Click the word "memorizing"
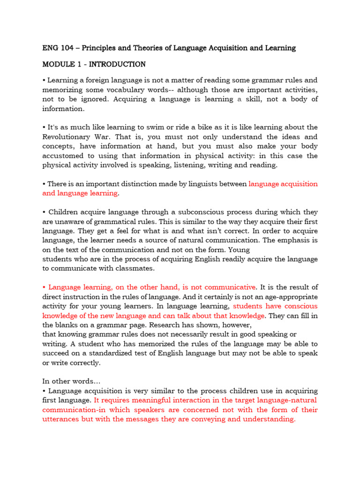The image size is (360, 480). [62, 90]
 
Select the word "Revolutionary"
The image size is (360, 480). [68, 137]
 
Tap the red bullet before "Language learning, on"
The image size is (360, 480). [44, 287]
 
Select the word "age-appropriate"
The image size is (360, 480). [290, 297]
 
